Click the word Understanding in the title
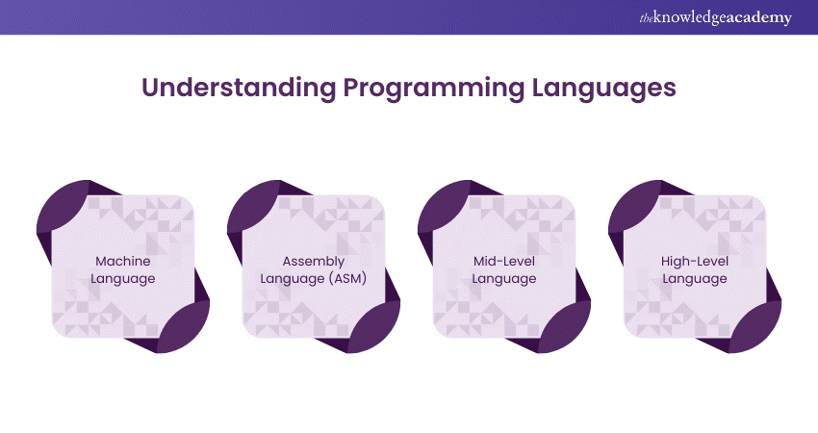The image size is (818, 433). coord(239,88)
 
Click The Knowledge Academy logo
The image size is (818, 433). coord(715,17)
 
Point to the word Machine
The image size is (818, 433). coord(123,261)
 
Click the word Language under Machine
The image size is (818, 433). coord(123,279)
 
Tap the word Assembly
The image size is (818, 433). coord(314,262)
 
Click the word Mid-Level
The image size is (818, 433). coord(504,261)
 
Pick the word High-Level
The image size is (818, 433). coord(695,261)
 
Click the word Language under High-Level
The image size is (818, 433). coord(695,279)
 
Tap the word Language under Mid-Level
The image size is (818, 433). coord(504,279)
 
